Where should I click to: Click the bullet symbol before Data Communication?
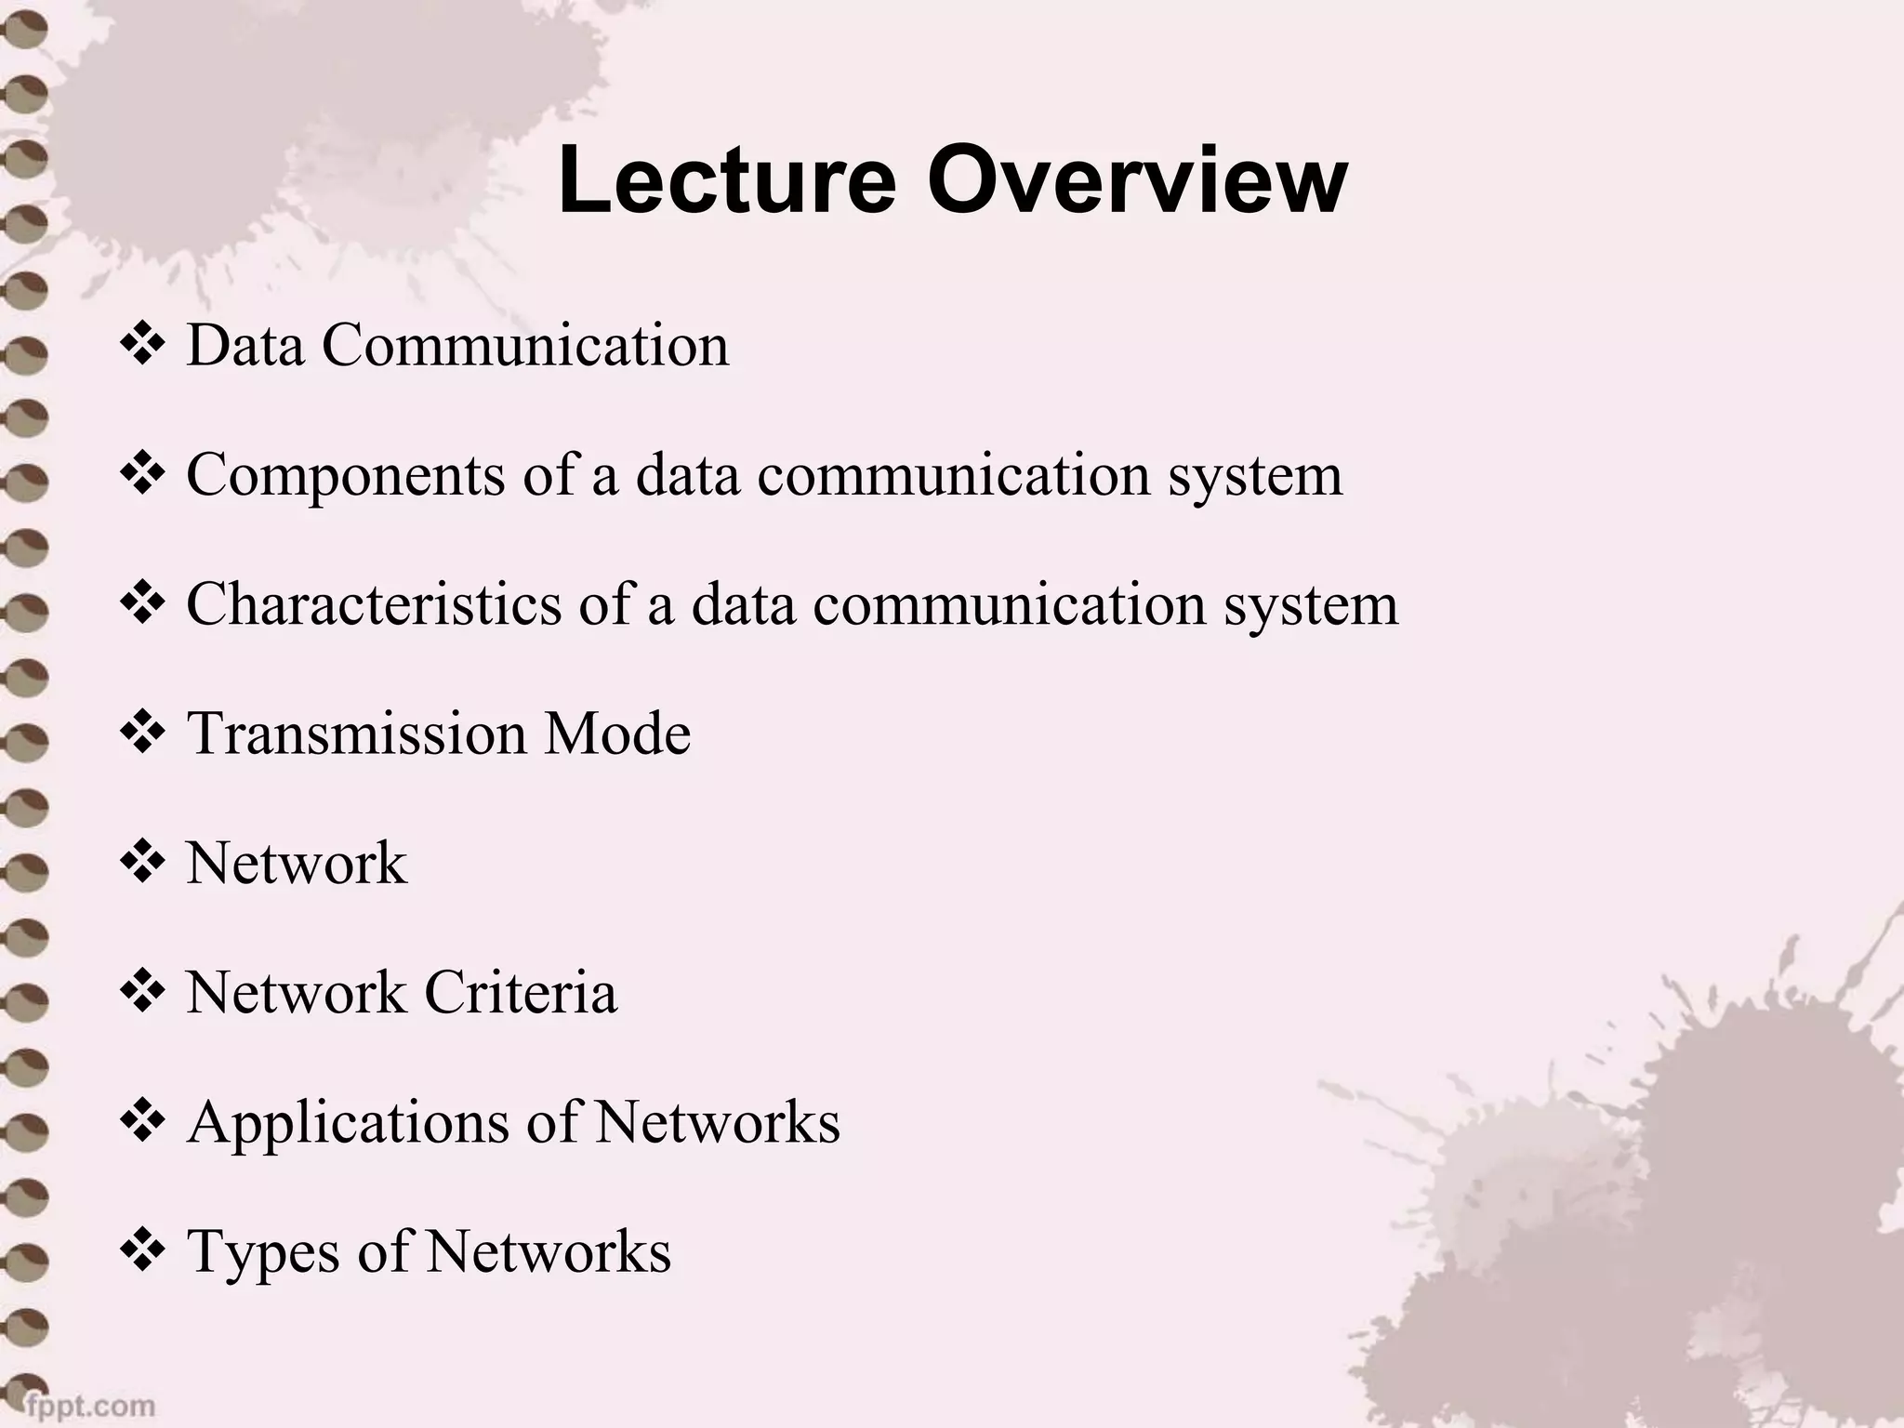(142, 345)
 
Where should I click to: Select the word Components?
(345, 476)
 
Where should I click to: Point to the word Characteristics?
(374, 604)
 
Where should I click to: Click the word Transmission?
(356, 734)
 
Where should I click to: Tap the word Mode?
(617, 734)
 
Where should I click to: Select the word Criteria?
(521, 992)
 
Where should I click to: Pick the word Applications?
(348, 1123)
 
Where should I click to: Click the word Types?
(263, 1252)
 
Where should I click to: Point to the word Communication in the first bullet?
(525, 345)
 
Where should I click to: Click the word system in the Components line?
(1255, 476)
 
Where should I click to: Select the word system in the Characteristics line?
(1311, 604)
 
